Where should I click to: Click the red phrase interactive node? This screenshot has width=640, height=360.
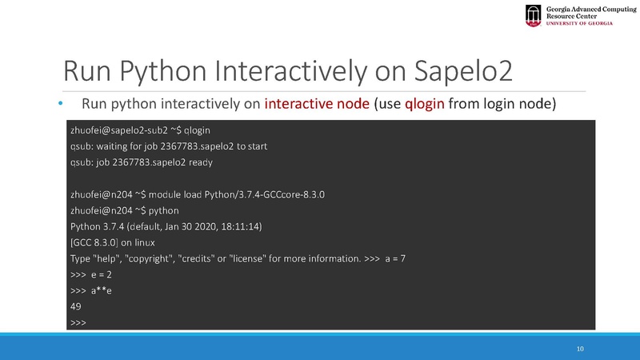click(x=316, y=104)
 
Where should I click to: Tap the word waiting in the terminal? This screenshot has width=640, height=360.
click(x=115, y=146)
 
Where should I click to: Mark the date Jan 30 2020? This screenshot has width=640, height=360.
click(x=188, y=226)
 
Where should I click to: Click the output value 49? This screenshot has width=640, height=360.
click(x=77, y=307)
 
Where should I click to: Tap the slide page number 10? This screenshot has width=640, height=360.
click(x=581, y=349)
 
